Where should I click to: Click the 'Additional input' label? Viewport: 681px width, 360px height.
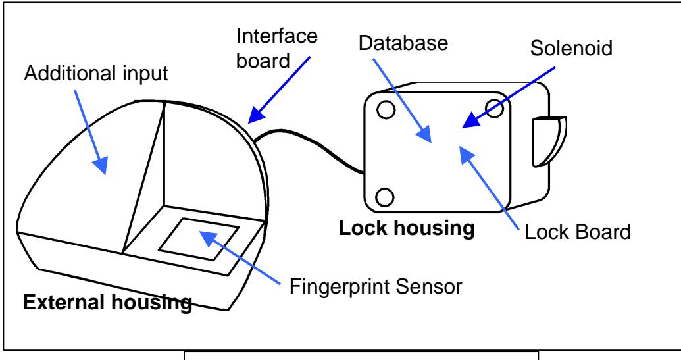(x=96, y=73)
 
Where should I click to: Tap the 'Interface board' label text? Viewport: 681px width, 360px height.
(x=276, y=48)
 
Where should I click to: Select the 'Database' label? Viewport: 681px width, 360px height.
(x=403, y=43)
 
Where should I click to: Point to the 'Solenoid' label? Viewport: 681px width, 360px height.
(x=571, y=48)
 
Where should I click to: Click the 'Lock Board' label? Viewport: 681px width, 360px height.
(x=578, y=232)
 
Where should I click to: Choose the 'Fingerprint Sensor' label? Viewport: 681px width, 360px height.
(x=376, y=286)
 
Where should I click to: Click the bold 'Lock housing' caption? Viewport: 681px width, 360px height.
(x=407, y=228)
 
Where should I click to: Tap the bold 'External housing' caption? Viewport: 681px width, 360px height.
(x=107, y=303)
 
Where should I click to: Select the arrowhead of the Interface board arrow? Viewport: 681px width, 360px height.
(x=256, y=115)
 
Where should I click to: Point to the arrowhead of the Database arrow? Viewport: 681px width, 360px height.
(x=424, y=134)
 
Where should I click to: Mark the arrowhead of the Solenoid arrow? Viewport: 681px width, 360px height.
(x=471, y=120)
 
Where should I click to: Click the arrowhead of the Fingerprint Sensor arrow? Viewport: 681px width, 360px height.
(x=209, y=238)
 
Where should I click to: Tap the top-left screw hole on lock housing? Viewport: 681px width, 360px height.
(x=386, y=110)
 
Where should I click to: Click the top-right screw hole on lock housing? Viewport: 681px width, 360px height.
(x=494, y=108)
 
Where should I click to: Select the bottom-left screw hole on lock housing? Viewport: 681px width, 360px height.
(x=384, y=197)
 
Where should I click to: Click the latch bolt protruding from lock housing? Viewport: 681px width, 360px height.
(x=549, y=141)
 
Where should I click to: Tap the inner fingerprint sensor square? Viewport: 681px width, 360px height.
(x=199, y=240)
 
